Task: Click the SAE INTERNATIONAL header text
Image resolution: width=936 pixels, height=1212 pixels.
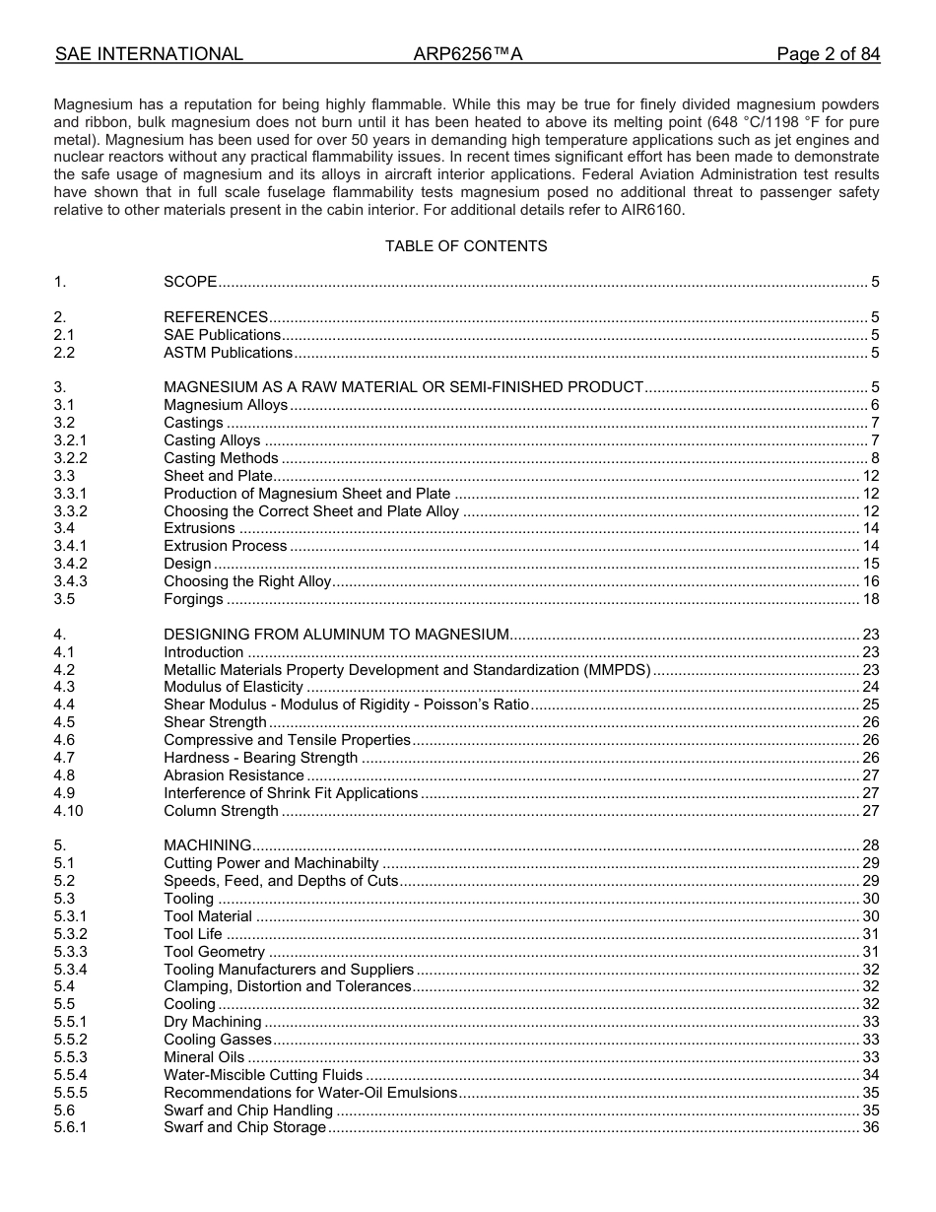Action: [149, 55]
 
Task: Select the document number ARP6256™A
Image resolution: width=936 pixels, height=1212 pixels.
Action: [467, 55]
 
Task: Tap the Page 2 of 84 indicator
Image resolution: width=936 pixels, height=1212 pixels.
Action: [828, 55]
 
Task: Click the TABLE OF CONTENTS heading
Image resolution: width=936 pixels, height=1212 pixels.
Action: [466, 246]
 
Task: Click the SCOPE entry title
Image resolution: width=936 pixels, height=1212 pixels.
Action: [190, 282]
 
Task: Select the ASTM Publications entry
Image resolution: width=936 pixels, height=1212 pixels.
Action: [228, 353]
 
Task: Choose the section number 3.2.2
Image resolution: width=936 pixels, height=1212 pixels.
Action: [71, 458]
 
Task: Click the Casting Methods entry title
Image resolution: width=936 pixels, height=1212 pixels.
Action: [221, 458]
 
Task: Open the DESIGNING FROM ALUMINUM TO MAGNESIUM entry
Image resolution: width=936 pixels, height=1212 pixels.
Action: [336, 635]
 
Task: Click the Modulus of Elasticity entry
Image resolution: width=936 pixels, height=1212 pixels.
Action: [233, 687]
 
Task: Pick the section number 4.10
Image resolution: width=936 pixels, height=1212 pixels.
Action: [69, 811]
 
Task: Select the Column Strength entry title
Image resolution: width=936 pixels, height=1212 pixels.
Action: [221, 811]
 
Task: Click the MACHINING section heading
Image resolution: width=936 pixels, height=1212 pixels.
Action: [207, 845]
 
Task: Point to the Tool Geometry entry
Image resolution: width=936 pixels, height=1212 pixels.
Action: [214, 952]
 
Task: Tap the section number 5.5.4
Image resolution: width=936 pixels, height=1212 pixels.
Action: [71, 1075]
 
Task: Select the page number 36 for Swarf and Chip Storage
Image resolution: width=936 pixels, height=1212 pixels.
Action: [870, 1127]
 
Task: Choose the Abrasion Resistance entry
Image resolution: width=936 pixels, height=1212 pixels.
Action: [234, 775]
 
